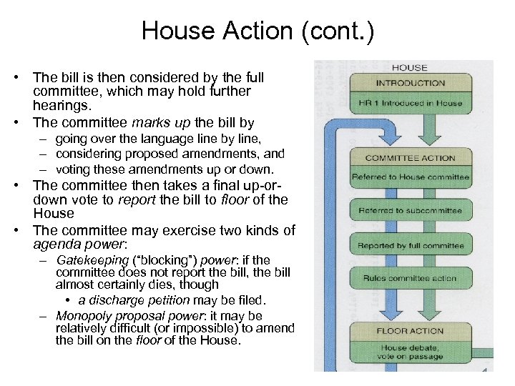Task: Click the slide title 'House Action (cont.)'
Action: (x=257, y=31)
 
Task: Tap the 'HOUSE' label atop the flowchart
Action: (x=409, y=67)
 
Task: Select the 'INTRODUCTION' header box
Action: (x=410, y=82)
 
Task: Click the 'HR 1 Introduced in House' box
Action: (x=411, y=102)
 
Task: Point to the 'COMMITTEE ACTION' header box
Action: (x=410, y=157)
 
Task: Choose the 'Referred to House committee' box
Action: (x=411, y=177)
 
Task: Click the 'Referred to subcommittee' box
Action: (x=411, y=211)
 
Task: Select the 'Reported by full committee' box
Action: (x=411, y=245)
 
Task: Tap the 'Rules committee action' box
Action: (x=411, y=278)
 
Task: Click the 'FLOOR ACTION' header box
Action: (x=411, y=331)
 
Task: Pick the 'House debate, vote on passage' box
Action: (x=411, y=352)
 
